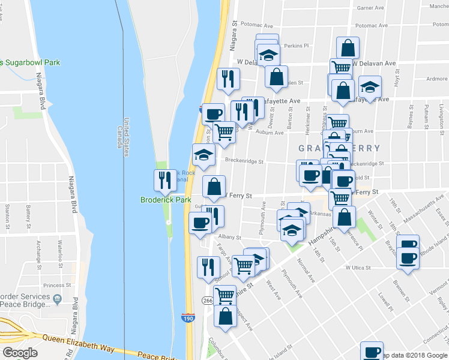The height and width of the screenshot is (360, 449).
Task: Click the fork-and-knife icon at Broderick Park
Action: pyautogui.click(x=164, y=179)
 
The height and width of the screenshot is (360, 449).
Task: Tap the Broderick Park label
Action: pyautogui.click(x=165, y=200)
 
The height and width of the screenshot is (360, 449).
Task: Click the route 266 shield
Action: pyautogui.click(x=208, y=300)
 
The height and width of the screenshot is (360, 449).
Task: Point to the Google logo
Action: pyautogui.click(x=20, y=353)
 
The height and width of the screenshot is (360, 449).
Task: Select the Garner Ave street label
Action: pyautogui.click(x=370, y=8)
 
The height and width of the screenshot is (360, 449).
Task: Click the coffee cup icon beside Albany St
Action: pyautogui.click(x=200, y=223)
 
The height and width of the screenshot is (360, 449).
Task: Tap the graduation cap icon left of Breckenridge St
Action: pyautogui.click(x=203, y=155)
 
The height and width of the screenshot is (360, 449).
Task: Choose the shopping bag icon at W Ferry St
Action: pyautogui.click(x=214, y=187)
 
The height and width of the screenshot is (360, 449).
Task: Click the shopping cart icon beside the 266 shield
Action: pyautogui.click(x=224, y=295)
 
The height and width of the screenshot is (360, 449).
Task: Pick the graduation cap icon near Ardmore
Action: pyautogui.click(x=370, y=87)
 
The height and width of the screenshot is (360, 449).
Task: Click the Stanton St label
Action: pyautogui.click(x=7, y=217)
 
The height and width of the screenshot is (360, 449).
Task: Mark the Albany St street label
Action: pyautogui.click(x=229, y=238)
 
